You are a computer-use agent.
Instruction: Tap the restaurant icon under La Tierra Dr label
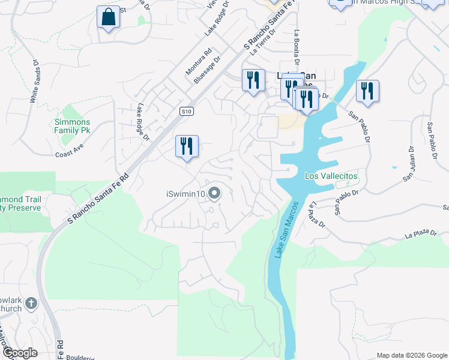pos(253,80)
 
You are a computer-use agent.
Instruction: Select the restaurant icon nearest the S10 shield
pos(187,146)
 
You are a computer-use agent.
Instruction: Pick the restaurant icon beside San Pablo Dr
pos(367,91)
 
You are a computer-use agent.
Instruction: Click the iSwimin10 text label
pos(186,193)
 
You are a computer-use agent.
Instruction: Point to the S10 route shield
pos(187,111)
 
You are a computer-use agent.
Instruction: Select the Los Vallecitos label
pos(331,176)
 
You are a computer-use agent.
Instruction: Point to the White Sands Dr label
pos(34,80)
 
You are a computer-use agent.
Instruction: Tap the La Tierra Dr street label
pos(262,41)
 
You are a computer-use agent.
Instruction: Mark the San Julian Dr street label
pos(409,163)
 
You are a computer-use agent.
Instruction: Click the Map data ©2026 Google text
pos(412,355)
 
